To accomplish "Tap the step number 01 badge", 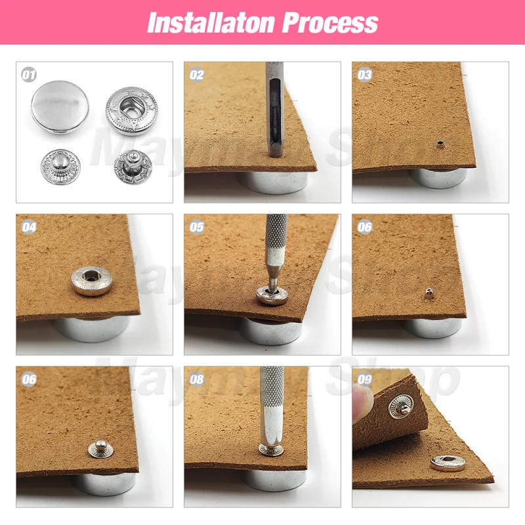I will pos(29,75).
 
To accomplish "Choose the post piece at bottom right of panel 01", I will pos(131,167).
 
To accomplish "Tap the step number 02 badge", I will pos(197,75).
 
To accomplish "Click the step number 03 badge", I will pos(365,75).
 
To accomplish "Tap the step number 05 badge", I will pos(197,227).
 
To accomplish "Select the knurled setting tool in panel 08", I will pos(272,407).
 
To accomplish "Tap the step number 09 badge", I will pos(365,379).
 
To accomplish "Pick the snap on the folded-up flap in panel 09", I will pos(400,408).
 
